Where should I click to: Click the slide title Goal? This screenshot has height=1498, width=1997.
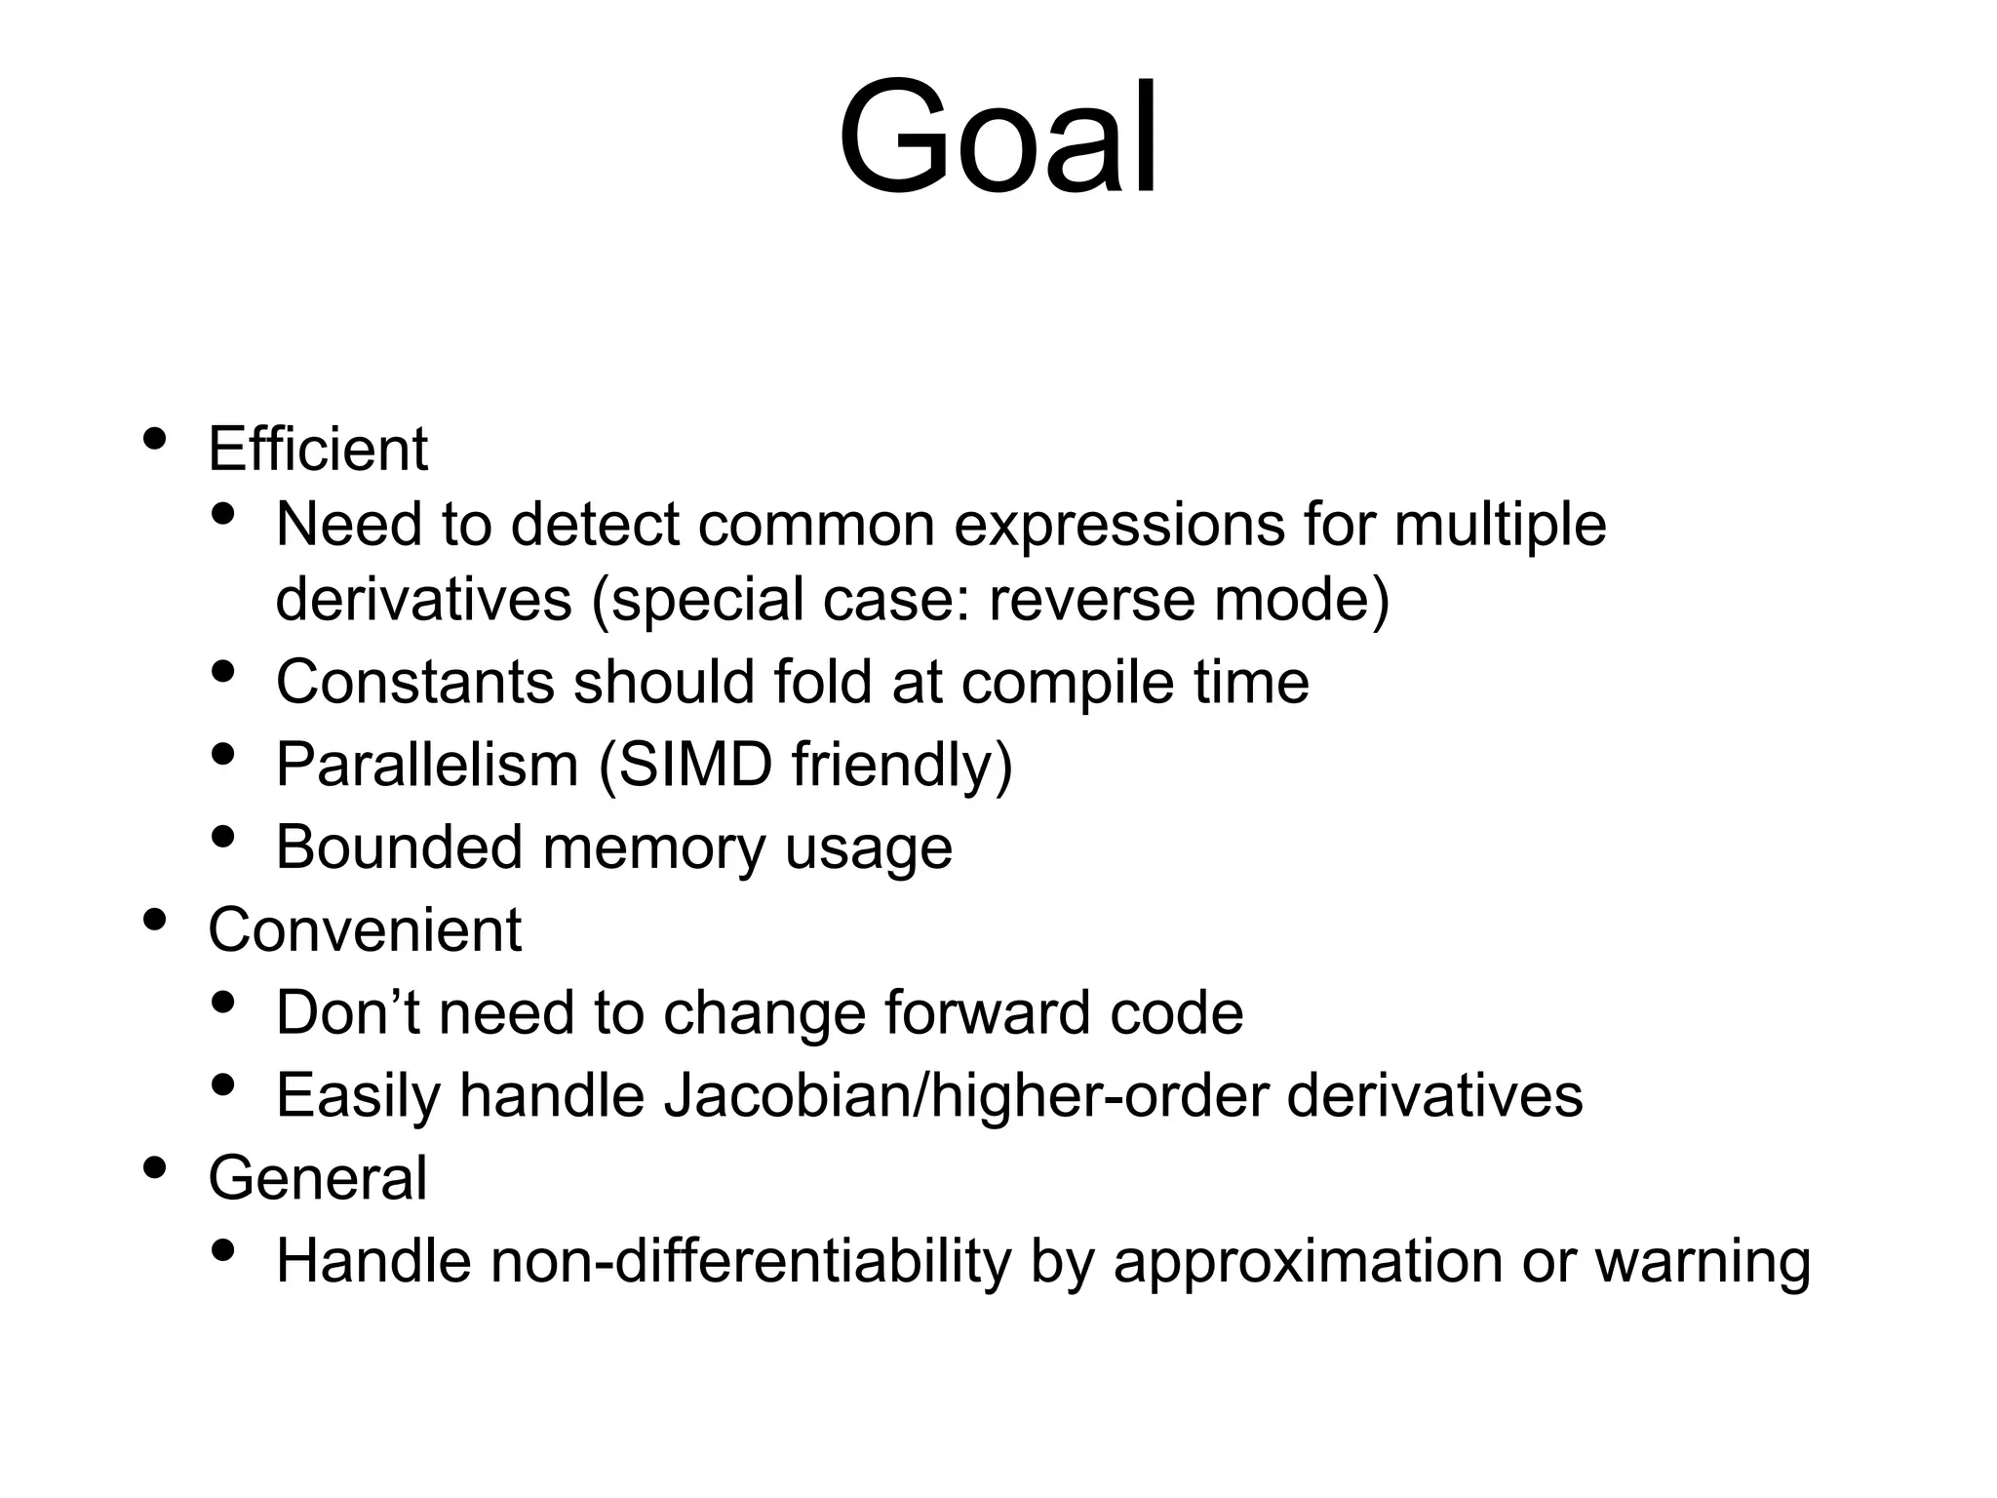pyautogui.click(x=998, y=138)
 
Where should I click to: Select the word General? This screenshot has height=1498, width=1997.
pyautogui.click(x=318, y=1177)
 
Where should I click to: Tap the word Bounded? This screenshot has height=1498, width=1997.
pyautogui.click(x=399, y=847)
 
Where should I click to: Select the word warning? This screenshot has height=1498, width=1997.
pyautogui.click(x=1703, y=1262)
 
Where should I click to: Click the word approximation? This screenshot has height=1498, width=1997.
pyautogui.click(x=1307, y=1262)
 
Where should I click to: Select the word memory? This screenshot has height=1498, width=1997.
pyautogui.click(x=654, y=848)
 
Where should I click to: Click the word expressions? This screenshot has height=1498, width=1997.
pyautogui.click(x=1118, y=525)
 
